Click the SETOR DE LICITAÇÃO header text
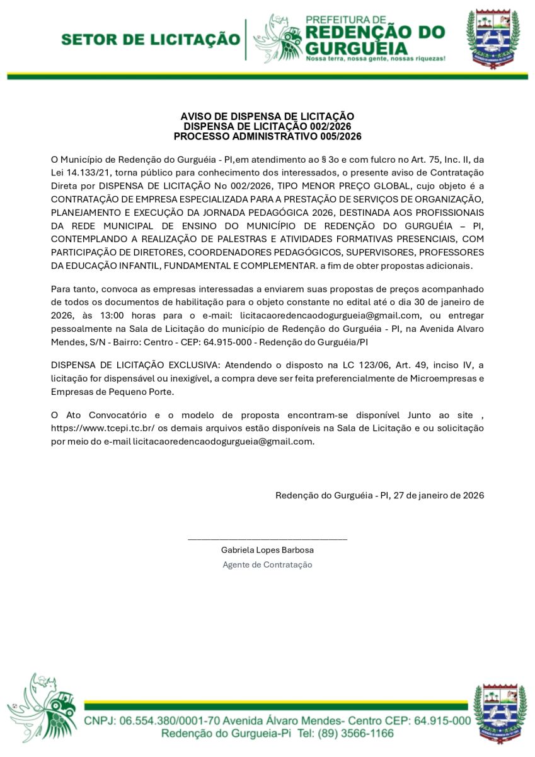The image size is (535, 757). click(151, 40)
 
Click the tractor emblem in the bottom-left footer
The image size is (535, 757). click(44, 707)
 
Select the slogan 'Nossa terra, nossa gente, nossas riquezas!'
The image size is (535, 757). click(375, 58)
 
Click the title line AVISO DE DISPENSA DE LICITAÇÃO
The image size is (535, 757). click(267, 116)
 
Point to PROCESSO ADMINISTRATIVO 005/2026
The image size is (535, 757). click(267, 136)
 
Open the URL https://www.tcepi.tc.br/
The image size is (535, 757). click(100, 428)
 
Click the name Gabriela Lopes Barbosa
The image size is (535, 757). click(267, 550)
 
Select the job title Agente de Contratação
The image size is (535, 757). click(267, 565)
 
